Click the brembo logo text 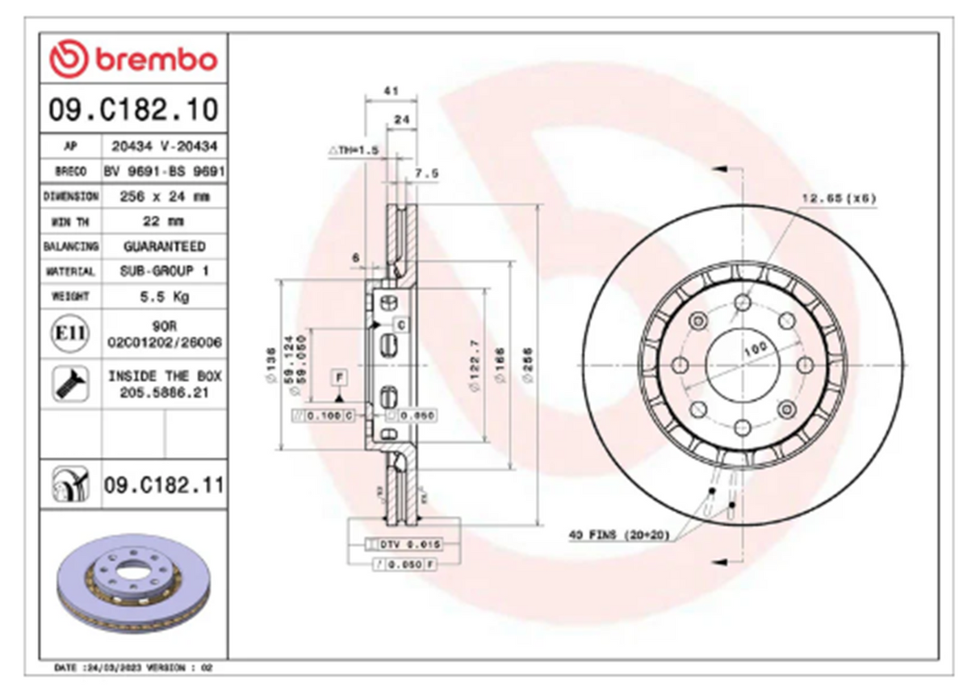(x=156, y=60)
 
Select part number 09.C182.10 (x=133, y=109)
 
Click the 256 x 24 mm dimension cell (x=164, y=196)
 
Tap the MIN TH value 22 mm (x=164, y=221)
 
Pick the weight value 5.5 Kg (x=164, y=296)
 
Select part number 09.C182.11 (x=164, y=486)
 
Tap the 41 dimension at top (x=391, y=92)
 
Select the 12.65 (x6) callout (x=839, y=198)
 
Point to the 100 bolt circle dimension (x=754, y=350)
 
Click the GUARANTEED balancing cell (x=164, y=246)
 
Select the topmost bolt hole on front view (x=743, y=302)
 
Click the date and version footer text (x=132, y=669)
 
